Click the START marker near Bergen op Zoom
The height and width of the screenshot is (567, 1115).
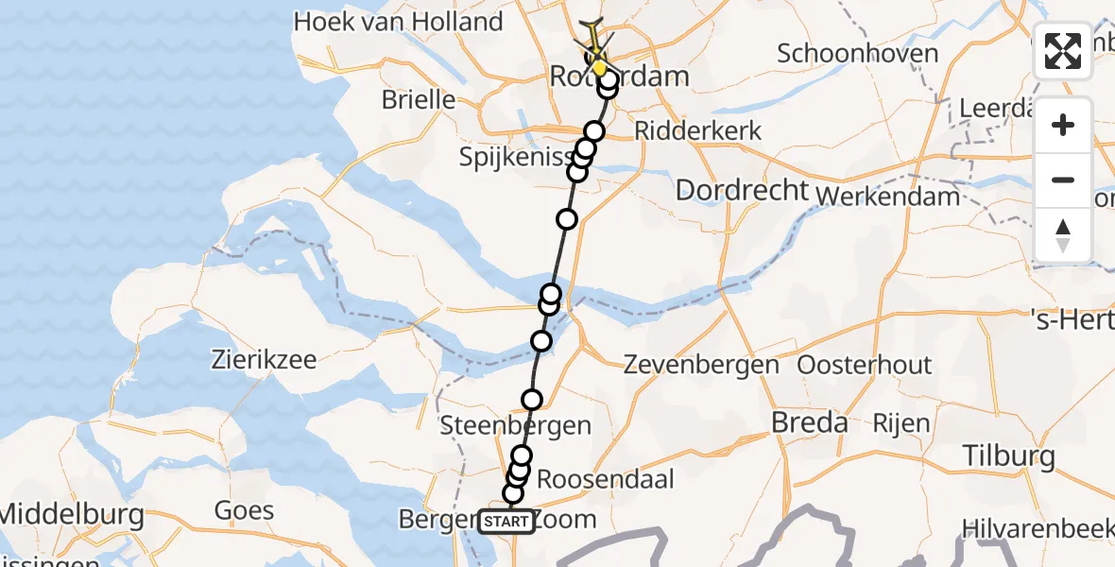(x=506, y=522)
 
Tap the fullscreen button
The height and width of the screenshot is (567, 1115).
(x=1063, y=51)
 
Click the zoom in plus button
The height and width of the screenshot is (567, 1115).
(x=1063, y=125)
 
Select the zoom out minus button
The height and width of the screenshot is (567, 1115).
(x=1063, y=180)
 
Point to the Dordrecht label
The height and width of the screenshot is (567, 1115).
(x=743, y=190)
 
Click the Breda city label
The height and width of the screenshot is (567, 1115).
(x=809, y=422)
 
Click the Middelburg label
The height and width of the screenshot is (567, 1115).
(x=72, y=515)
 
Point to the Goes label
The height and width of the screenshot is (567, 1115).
(x=244, y=511)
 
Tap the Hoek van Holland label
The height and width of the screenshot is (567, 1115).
(x=397, y=22)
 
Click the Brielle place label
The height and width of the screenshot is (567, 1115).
(x=419, y=99)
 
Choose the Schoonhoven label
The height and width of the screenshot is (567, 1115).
(x=858, y=53)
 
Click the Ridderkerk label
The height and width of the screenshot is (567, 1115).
(x=698, y=130)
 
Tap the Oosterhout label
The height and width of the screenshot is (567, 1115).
(x=865, y=365)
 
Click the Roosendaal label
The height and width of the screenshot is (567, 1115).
(x=606, y=479)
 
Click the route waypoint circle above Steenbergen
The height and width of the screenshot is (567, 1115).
(x=532, y=400)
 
